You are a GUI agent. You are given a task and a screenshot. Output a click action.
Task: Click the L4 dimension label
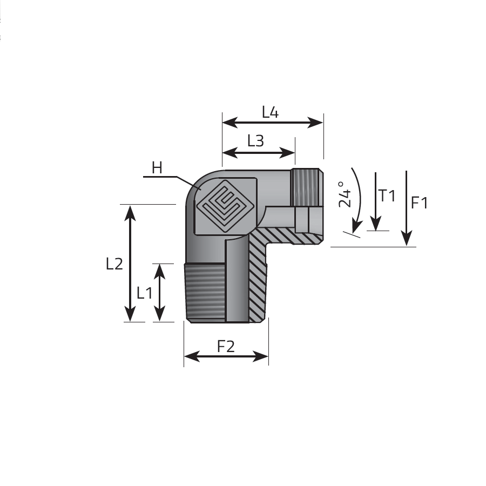(x=270, y=112)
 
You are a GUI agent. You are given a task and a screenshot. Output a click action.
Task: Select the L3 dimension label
(x=255, y=141)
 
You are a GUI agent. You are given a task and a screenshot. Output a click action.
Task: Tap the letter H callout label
(x=157, y=168)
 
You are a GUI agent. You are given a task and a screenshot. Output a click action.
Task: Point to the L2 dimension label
(x=114, y=264)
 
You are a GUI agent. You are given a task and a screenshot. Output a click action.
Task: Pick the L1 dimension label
(x=144, y=293)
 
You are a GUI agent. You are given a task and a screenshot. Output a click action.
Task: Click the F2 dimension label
(x=226, y=346)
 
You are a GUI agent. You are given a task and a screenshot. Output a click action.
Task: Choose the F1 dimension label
(x=420, y=203)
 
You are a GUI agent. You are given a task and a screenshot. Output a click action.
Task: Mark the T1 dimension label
(x=387, y=195)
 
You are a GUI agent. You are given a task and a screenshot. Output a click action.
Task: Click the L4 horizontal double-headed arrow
(x=273, y=123)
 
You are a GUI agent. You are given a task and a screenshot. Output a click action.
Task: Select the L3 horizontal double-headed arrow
(x=259, y=153)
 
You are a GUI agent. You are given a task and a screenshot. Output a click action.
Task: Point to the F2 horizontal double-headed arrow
(x=226, y=356)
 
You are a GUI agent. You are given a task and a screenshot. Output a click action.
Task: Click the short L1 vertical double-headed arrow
(x=159, y=293)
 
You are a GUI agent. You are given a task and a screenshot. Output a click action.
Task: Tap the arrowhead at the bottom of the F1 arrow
(x=406, y=238)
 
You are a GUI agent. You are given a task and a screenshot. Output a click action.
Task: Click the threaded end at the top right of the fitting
(x=307, y=187)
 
